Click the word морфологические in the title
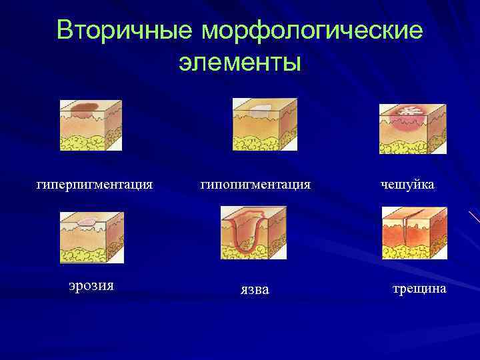click(311, 31)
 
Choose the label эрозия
click(91, 285)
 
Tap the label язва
click(255, 289)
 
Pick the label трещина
click(419, 289)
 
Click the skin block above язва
click(253, 233)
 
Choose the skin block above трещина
click(414, 233)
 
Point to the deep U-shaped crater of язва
click(245, 233)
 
